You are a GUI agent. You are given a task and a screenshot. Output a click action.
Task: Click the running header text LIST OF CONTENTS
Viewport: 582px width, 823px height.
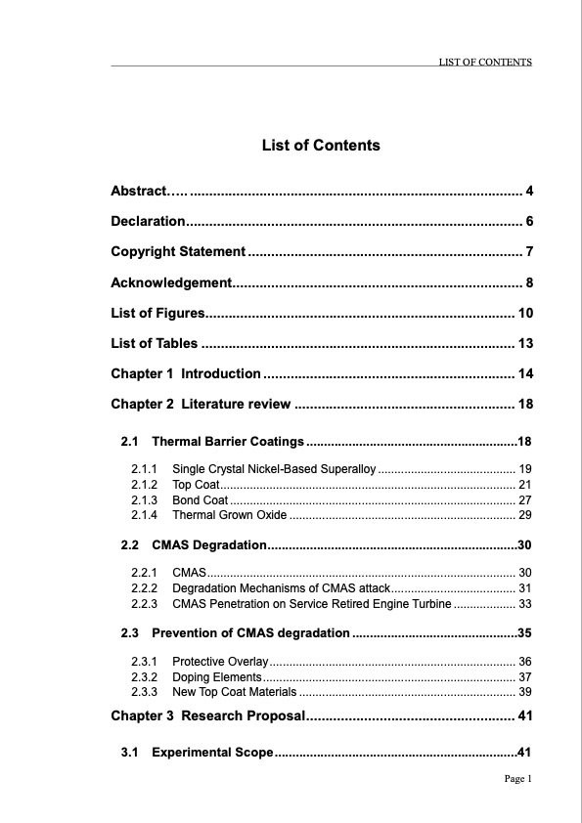coord(485,62)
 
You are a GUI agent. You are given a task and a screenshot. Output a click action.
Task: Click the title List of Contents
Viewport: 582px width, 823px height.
coord(321,146)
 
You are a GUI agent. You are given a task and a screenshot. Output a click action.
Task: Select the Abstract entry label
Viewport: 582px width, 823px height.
coord(139,190)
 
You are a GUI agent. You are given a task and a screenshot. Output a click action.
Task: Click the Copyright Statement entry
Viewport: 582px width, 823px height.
coord(178,252)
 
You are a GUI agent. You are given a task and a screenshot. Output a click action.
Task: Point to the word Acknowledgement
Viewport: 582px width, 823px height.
coord(170,283)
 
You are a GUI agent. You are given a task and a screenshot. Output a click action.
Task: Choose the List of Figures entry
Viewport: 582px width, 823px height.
coord(157,314)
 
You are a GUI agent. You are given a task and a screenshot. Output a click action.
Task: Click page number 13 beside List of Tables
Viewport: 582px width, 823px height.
coord(525,344)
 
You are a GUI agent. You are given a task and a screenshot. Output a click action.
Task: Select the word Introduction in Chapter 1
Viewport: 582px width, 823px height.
coord(221,374)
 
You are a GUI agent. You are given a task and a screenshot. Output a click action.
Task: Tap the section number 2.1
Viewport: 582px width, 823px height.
coord(131,442)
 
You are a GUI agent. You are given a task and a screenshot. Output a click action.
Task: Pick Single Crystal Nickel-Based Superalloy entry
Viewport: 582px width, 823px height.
coord(274,471)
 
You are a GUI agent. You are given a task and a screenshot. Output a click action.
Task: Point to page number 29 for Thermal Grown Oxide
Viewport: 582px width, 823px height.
coord(525,515)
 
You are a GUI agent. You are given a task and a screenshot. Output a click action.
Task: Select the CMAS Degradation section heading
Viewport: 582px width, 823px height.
coord(209,544)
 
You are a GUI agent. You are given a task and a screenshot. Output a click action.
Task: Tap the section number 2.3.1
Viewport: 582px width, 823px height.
coord(145,662)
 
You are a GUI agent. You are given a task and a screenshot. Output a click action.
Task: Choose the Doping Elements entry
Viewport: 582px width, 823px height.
coord(216,677)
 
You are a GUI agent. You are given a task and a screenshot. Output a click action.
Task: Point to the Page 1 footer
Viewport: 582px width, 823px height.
coord(517,779)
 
